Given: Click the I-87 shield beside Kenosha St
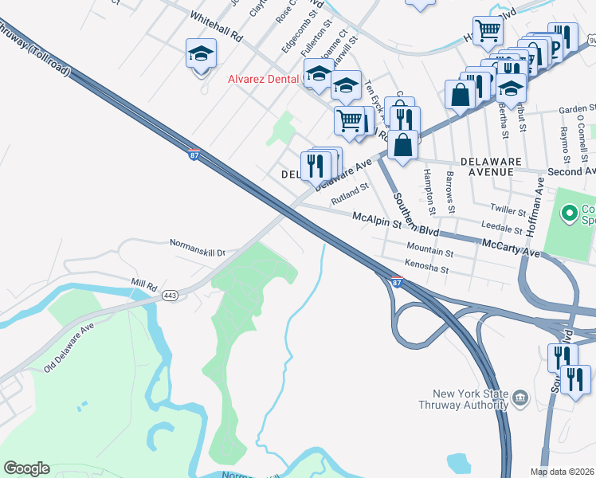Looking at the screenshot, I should (396, 282).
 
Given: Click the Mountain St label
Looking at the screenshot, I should (429, 251).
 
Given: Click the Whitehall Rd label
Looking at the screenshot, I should (216, 26).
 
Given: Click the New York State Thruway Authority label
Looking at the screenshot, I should (465, 398).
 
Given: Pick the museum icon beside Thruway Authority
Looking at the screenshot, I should (520, 397).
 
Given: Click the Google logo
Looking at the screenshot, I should (26, 468).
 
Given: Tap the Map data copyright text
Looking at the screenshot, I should (563, 472).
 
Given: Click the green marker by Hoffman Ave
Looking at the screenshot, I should (569, 213).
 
